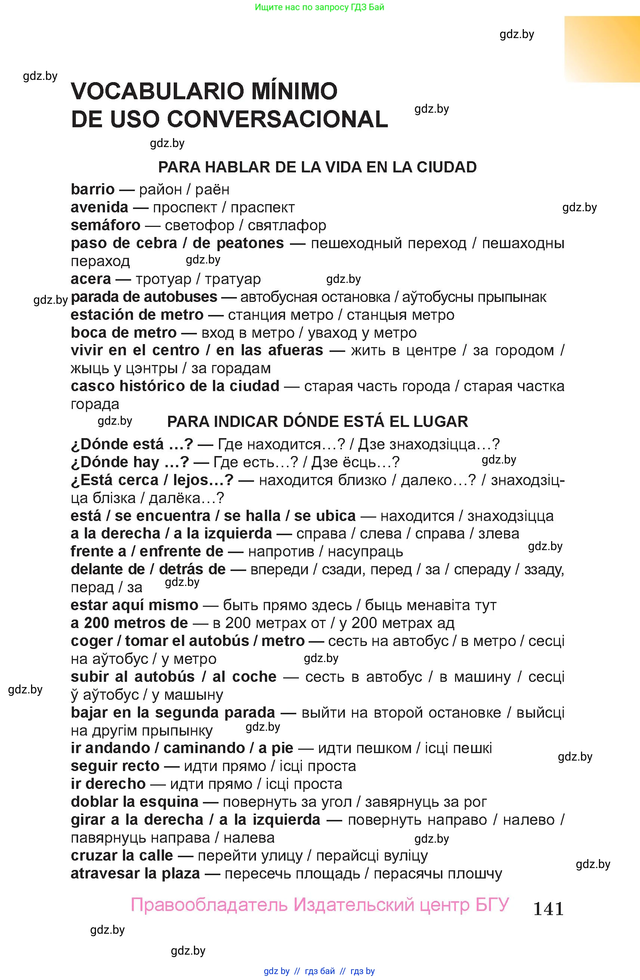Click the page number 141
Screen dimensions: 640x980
click(548, 908)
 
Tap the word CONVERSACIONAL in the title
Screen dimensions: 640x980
click(277, 119)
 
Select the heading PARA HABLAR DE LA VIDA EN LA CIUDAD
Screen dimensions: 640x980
click(317, 167)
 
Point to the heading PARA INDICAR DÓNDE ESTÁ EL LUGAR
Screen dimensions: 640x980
click(317, 422)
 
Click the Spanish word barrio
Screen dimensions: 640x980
click(93, 190)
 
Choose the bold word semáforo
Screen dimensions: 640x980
click(105, 225)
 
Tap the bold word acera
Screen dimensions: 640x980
click(91, 279)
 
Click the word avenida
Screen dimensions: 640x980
click(99, 207)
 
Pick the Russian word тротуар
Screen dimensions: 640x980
click(164, 279)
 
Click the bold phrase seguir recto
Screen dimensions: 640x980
click(115, 766)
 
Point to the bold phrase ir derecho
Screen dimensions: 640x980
click(108, 784)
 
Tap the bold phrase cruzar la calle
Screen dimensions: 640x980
click(121, 855)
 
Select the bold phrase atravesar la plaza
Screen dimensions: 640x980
click(135, 873)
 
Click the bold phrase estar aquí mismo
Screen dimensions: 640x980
click(135, 605)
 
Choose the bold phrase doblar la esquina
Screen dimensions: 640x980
click(135, 802)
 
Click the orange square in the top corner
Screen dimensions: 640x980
click(602, 49)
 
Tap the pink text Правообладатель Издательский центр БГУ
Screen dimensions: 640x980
click(320, 905)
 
